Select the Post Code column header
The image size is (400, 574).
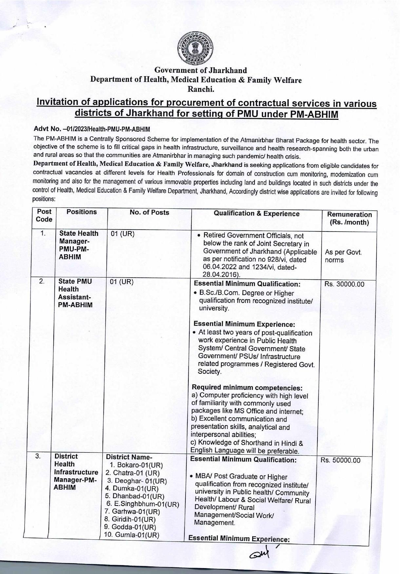coord(44,215)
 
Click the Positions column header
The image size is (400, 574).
coord(82,212)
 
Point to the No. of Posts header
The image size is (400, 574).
coord(149,213)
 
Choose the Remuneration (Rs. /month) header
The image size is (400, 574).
coord(349,218)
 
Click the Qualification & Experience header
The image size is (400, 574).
coord(256,214)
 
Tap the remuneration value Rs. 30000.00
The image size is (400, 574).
coord(344,284)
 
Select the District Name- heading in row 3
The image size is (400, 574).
coord(129,457)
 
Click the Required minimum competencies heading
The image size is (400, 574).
coord(247,388)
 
